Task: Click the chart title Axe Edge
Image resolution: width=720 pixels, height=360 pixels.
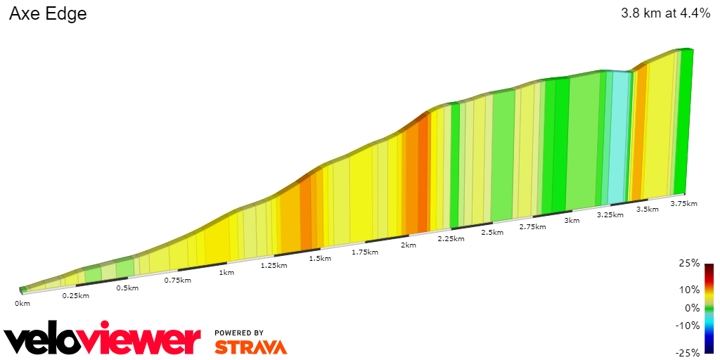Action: [48, 14]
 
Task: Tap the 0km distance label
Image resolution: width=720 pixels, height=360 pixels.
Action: [22, 304]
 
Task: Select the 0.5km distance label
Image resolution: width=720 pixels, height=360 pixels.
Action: [127, 288]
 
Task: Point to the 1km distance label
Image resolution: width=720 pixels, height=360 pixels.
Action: [226, 273]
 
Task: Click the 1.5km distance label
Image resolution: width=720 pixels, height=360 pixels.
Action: [320, 259]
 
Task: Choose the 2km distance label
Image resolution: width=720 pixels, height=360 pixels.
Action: [409, 245]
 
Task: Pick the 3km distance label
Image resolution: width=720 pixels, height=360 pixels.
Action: [572, 221]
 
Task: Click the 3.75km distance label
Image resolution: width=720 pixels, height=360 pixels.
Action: [683, 204]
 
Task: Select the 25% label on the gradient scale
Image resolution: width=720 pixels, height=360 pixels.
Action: [690, 263]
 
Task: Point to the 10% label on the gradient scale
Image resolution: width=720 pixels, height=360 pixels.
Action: [690, 290]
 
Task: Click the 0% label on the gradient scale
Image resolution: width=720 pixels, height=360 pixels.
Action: [693, 307]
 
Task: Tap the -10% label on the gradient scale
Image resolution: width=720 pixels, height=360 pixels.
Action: [688, 325]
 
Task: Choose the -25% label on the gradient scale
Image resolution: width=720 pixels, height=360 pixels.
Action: [688, 352]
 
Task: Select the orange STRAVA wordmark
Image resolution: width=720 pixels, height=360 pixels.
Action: [250, 347]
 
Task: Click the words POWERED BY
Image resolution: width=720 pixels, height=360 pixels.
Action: [239, 333]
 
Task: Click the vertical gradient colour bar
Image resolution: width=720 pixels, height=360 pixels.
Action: [709, 308]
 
